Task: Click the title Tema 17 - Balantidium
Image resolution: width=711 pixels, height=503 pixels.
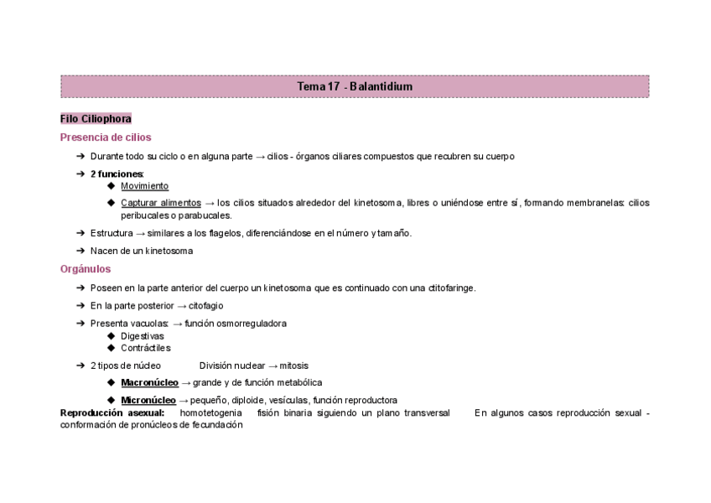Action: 355,87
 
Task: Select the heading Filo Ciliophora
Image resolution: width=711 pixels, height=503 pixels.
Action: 96,119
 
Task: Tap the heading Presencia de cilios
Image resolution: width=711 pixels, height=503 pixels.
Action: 106,137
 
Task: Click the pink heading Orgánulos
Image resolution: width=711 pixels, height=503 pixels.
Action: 86,269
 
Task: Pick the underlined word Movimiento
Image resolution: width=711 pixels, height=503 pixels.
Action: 144,186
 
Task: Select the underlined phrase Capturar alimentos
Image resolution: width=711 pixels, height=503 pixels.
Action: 160,203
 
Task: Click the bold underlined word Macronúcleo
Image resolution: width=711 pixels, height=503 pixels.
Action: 148,382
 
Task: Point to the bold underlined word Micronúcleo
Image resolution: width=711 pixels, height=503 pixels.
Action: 148,400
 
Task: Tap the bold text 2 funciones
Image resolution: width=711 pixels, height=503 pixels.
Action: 117,174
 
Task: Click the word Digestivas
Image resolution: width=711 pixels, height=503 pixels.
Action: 143,336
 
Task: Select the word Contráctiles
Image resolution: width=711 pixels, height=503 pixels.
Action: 145,348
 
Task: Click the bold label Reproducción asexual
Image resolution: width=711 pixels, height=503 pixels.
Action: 112,412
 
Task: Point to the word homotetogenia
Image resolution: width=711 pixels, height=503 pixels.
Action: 211,412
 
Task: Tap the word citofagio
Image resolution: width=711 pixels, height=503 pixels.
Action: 205,306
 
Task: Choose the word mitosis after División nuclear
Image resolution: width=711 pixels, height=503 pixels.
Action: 293,366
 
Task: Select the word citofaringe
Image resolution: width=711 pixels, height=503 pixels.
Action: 450,288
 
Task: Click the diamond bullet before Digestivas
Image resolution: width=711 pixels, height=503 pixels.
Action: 112,336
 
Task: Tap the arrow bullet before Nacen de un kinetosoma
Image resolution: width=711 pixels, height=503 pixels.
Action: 80,251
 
